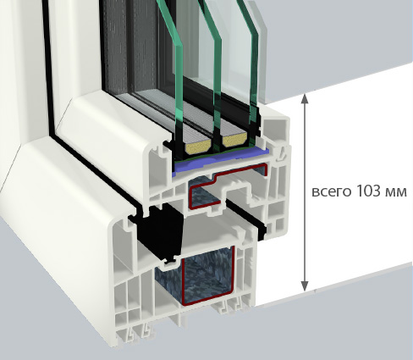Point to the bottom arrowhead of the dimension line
pos(305,286)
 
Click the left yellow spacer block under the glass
pos(198,145)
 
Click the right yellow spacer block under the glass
pos(234,140)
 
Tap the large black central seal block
pos(160,229)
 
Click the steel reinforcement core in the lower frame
pos(207,275)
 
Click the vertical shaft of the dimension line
pos(305,192)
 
